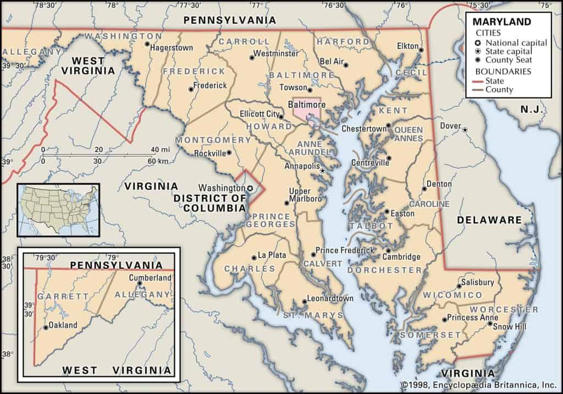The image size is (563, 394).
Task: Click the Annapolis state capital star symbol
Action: click(323, 172)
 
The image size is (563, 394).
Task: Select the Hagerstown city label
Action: click(172, 48)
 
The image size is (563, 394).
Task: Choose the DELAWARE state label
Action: click(489, 220)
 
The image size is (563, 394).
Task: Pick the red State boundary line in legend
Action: click(484, 81)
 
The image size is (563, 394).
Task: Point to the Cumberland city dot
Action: click(140, 283)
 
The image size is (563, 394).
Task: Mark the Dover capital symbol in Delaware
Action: click(465, 129)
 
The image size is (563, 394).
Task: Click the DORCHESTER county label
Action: click(385, 270)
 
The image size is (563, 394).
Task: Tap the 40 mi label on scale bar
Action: click(161, 150)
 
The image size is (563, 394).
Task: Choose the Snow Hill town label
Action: click(509, 327)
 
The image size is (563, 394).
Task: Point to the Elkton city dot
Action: click(421, 50)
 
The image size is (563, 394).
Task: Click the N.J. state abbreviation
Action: click(532, 110)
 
